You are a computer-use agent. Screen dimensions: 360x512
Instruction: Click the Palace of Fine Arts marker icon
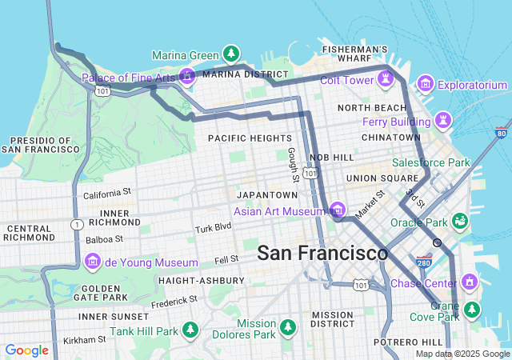[x=187, y=78]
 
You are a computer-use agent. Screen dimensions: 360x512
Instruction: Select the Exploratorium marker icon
[x=425, y=84]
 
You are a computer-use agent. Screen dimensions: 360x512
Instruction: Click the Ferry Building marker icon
[x=443, y=121]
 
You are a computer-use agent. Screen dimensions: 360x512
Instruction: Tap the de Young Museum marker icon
[x=93, y=262]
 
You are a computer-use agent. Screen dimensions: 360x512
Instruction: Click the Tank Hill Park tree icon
[x=190, y=330]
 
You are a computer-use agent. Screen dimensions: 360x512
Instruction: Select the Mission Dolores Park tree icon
[x=288, y=327]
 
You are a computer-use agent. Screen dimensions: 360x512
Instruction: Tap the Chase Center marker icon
[x=469, y=282]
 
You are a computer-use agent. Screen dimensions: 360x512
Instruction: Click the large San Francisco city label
[x=322, y=254]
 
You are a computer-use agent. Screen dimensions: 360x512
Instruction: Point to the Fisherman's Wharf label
[x=354, y=54]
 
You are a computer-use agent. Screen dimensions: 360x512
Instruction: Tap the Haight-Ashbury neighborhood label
[x=202, y=281]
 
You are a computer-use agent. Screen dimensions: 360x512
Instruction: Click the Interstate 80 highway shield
[x=501, y=133]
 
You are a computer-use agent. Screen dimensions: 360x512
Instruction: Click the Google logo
[x=27, y=350]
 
